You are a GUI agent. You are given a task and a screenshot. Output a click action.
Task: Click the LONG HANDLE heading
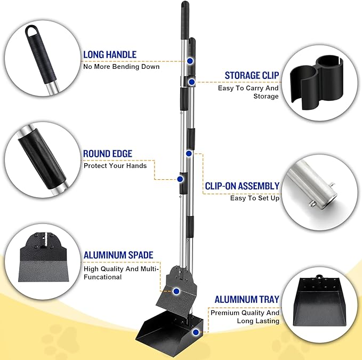coord(110,55)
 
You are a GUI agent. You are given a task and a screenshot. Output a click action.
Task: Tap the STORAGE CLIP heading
coord(252,76)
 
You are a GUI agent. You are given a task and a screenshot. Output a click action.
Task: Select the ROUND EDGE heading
coord(108,154)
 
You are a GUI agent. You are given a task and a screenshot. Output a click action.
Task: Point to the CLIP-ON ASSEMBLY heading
coord(242,186)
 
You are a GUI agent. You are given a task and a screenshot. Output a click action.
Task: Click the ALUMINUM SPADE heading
coord(118,255)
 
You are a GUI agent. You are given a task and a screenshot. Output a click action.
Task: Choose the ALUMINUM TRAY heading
coord(247,300)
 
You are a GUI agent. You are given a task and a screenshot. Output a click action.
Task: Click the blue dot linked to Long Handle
coord(190,61)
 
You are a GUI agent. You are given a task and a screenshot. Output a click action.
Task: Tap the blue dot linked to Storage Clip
coord(191,82)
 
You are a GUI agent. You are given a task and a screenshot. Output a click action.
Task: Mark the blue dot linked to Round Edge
coord(180,179)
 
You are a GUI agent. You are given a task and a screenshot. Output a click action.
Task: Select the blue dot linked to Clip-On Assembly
coord(189,153)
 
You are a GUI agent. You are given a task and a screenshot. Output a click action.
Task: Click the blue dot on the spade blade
coord(176,291)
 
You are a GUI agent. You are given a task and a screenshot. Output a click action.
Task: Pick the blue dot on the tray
coord(196,332)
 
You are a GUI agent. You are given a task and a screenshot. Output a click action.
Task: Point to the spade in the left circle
coord(43,258)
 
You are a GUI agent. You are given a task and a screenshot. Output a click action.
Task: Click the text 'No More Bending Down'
coord(122,67)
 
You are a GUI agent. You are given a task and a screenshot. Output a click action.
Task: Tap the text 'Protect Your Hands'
coord(115,165)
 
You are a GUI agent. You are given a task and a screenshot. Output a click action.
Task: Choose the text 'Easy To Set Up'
coord(255,198)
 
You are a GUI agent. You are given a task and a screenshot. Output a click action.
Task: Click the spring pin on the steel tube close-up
coord(312,203)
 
